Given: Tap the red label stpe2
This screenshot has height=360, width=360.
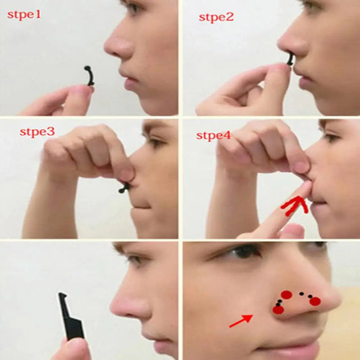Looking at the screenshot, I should click(215, 17).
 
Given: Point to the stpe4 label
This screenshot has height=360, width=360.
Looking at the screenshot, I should click(213, 135).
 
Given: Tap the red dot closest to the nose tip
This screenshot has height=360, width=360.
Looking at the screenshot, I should click(315, 301).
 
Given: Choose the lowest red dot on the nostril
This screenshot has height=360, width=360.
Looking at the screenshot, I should click(278, 309).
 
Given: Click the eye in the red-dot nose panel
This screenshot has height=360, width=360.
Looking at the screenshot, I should click(245, 252).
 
